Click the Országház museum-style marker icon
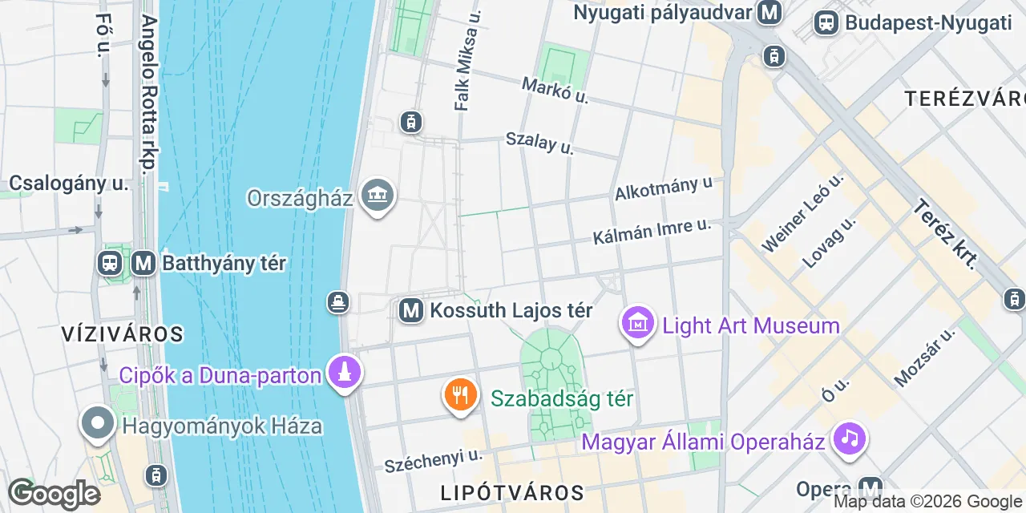377,196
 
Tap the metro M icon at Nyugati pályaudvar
770,13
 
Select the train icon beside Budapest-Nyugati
826,22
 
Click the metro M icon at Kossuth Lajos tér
411,310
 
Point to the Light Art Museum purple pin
638,324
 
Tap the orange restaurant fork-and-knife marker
460,396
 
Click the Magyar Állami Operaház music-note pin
850,439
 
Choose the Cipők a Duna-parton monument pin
345,373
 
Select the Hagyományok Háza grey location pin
98,423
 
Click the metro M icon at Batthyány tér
143,263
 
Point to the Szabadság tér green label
562,398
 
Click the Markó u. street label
555,91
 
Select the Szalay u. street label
539,143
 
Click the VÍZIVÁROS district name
123,334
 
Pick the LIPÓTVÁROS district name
512,492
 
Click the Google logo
54,495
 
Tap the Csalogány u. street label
68,184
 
